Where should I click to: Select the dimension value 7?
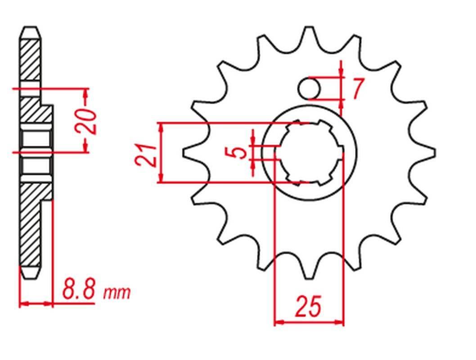pyautogui.click(x=357, y=89)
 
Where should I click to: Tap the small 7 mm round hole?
pyautogui.click(x=309, y=88)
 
